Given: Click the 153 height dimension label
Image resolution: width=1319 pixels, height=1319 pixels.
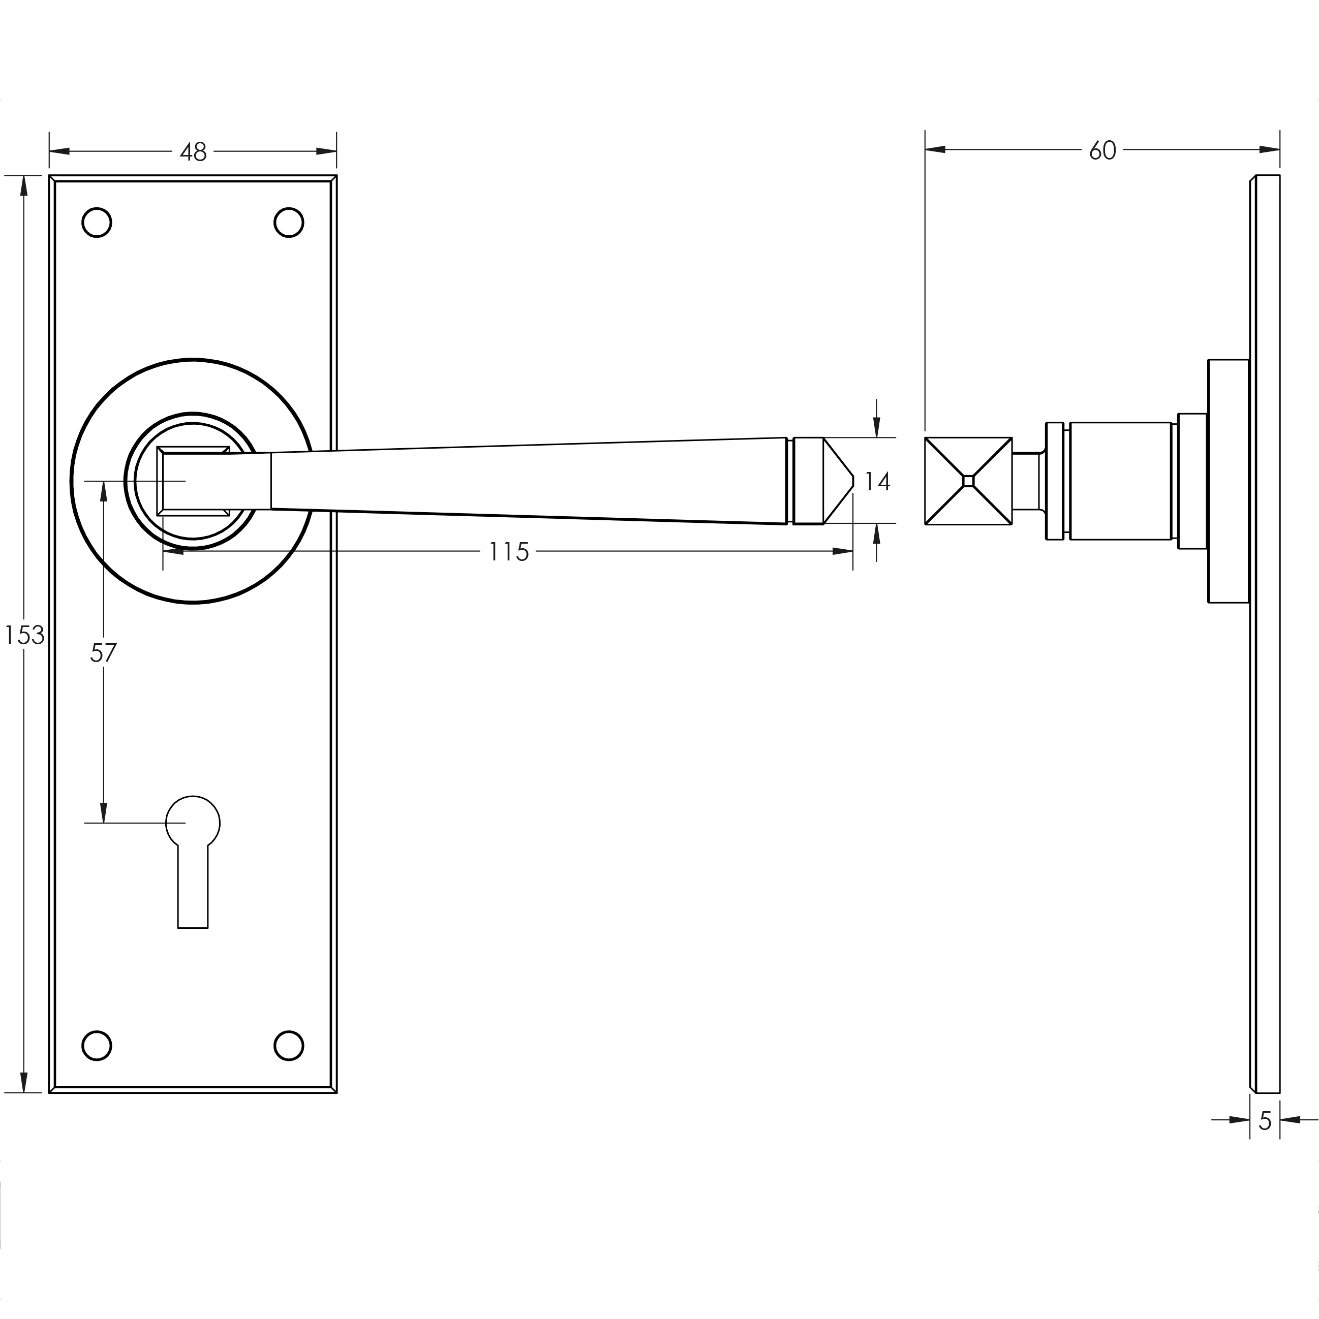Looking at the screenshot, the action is tap(24, 636).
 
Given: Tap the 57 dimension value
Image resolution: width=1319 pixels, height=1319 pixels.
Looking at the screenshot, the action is tap(103, 653).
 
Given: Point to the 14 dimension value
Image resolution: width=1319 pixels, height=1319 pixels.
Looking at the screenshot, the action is tap(877, 482).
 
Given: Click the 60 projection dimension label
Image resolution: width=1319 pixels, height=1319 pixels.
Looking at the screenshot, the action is tap(1102, 150).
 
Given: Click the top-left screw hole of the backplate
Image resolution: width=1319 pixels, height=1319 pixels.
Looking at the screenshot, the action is tap(97, 223).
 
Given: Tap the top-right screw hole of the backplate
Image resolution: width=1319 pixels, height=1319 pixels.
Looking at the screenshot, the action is tap(288, 223).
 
